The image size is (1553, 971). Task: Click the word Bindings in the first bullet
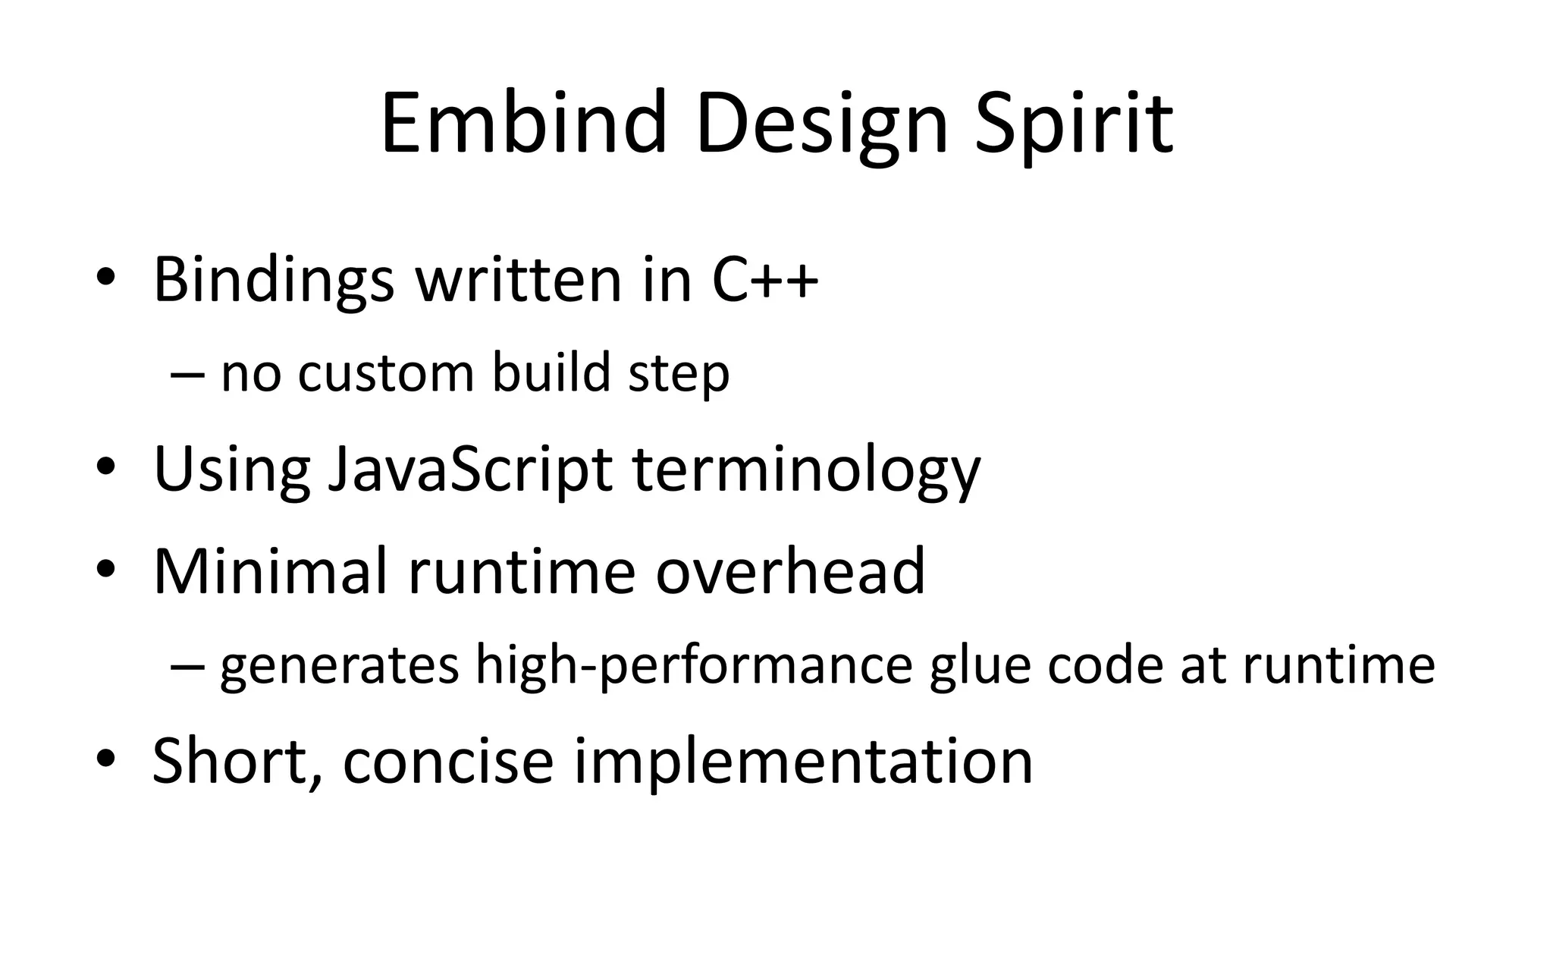(x=273, y=280)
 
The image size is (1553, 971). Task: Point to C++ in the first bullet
(x=765, y=280)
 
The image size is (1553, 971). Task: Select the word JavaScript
(x=469, y=470)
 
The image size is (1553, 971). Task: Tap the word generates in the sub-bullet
(x=339, y=665)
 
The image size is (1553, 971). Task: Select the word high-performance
(x=694, y=665)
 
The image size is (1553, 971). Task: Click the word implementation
(x=803, y=762)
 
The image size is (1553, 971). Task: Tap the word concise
(x=448, y=760)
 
